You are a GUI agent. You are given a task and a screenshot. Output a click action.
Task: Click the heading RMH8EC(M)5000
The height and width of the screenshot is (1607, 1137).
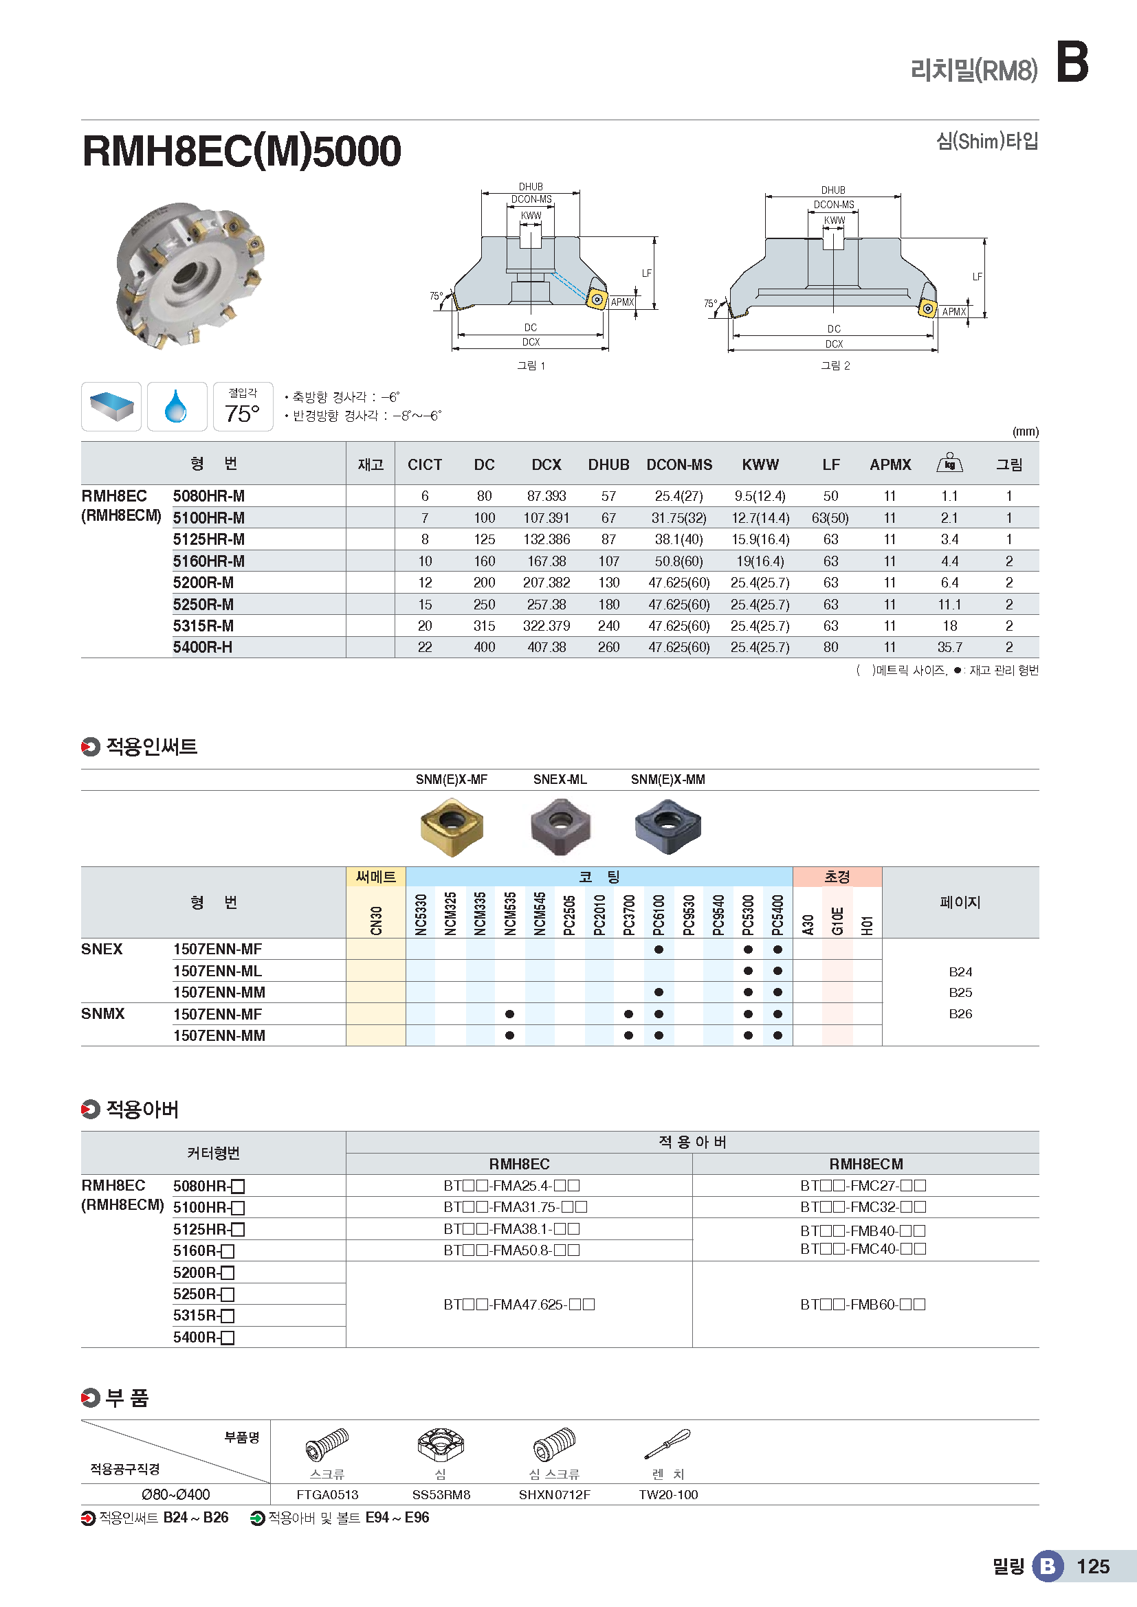[241, 151]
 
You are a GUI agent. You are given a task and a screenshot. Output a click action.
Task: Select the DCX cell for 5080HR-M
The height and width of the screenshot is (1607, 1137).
[546, 496]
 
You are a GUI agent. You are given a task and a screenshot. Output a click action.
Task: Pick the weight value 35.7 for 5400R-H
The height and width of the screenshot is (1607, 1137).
[949, 647]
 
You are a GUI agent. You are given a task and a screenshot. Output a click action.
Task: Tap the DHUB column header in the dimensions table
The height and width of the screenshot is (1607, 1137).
[608, 464]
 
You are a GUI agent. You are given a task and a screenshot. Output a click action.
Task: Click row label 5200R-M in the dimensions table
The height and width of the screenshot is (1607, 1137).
[203, 583]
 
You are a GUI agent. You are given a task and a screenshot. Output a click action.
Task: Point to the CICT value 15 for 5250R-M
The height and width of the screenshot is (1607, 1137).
[425, 605]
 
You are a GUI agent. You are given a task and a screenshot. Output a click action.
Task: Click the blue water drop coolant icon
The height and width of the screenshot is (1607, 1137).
[177, 407]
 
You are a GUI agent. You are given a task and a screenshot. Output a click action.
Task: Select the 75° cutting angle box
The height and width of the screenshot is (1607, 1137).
[242, 407]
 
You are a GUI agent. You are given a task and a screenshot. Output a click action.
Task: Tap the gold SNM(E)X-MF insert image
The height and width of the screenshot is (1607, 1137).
[452, 826]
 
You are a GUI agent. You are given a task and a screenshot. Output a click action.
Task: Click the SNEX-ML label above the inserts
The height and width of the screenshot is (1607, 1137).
[560, 780]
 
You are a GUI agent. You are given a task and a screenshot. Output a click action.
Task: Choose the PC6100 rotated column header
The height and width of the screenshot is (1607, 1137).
[659, 913]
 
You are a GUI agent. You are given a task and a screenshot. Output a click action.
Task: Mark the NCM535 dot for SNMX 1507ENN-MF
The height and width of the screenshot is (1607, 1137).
[509, 1014]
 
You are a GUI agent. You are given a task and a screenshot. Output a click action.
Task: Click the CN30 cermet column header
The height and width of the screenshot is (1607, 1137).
[376, 920]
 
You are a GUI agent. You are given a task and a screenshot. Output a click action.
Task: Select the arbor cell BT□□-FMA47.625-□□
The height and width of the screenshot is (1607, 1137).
[519, 1305]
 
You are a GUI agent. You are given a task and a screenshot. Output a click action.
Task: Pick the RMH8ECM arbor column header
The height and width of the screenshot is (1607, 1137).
[865, 1164]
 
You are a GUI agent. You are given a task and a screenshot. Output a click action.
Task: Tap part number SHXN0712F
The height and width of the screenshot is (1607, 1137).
[554, 1495]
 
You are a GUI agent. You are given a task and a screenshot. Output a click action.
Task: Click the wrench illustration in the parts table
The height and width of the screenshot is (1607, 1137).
[667, 1444]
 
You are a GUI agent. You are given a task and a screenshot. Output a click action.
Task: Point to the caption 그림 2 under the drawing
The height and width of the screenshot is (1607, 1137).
[835, 366]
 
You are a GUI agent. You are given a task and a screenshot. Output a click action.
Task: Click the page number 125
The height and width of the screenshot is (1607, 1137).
[1092, 1566]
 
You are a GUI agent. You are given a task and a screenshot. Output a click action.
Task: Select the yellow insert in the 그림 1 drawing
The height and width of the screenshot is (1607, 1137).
[597, 300]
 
